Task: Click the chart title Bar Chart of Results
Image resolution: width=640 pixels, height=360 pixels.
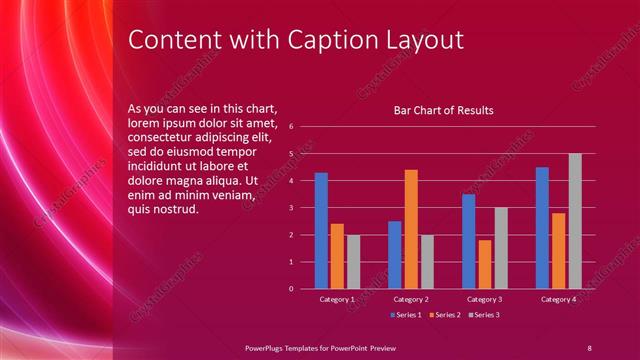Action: [x=444, y=110]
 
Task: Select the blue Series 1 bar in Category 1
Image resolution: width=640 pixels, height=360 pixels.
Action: [x=321, y=230]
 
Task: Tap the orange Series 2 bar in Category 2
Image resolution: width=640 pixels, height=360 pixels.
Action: [x=411, y=229]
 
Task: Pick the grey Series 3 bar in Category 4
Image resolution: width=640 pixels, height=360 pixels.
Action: [x=575, y=221]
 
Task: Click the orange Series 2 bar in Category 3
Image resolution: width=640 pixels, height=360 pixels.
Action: [x=485, y=264]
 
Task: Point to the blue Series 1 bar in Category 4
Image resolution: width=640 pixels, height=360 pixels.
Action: [x=542, y=228]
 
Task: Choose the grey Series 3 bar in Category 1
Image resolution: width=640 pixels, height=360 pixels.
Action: [x=353, y=261]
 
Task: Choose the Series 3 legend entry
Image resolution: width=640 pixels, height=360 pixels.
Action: [x=486, y=315]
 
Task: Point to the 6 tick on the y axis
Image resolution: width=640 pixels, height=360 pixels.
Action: [x=290, y=127]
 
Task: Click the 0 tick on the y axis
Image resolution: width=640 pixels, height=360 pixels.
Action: [x=290, y=289]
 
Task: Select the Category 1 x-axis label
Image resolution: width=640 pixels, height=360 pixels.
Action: [x=337, y=299]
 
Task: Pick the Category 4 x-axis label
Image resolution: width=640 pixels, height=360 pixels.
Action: [x=558, y=299]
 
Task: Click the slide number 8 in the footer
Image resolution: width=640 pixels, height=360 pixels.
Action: [x=589, y=346]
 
